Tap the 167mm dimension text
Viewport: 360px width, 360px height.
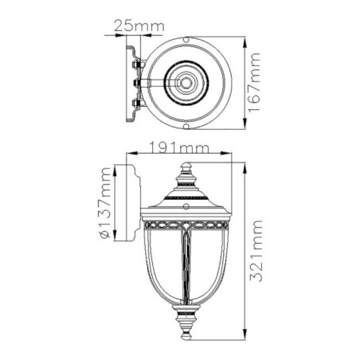[256, 83]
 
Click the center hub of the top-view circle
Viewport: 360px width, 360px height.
[186, 82]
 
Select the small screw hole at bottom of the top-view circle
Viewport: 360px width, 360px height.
[186, 126]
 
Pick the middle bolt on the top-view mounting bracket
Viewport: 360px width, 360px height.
[137, 82]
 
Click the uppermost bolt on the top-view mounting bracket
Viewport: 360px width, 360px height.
[137, 61]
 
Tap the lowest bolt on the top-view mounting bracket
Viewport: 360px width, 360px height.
[137, 104]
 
